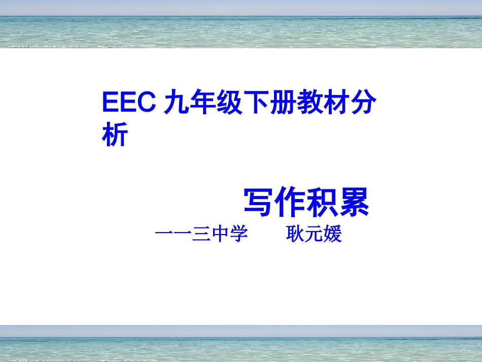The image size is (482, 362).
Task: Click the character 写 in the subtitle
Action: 259,203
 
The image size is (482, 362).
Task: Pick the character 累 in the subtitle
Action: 353,203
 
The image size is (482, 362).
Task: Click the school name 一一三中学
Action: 201,235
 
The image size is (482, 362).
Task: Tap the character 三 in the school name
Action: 201,235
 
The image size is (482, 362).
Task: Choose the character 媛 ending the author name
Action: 333,235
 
